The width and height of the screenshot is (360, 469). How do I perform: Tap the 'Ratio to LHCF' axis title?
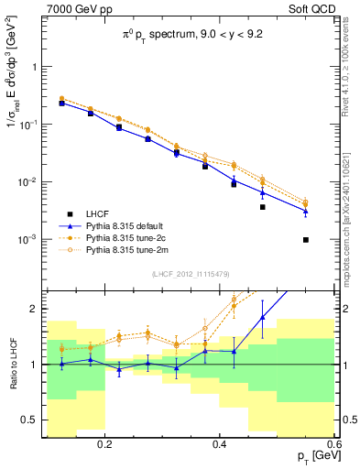(14, 364)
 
